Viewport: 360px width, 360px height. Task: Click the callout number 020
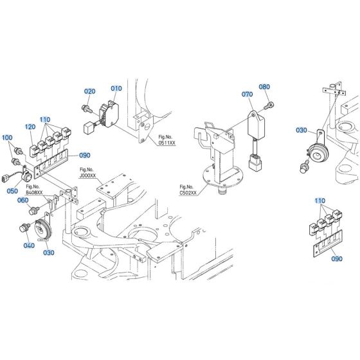pyautogui.click(x=89, y=91)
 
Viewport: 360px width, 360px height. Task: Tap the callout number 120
pyautogui.click(x=30, y=127)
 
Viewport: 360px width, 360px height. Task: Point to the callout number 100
pyautogui.click(x=7, y=138)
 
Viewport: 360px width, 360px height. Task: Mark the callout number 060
pyautogui.click(x=42, y=200)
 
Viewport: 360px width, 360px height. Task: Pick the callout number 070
pyautogui.click(x=247, y=93)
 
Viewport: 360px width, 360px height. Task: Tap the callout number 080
pyautogui.click(x=264, y=87)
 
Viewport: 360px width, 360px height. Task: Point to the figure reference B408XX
pyautogui.click(x=34, y=192)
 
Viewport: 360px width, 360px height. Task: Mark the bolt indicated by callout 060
pyautogui.click(x=36, y=210)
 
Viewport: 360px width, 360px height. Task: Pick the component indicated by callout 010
pyautogui.click(x=110, y=110)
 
